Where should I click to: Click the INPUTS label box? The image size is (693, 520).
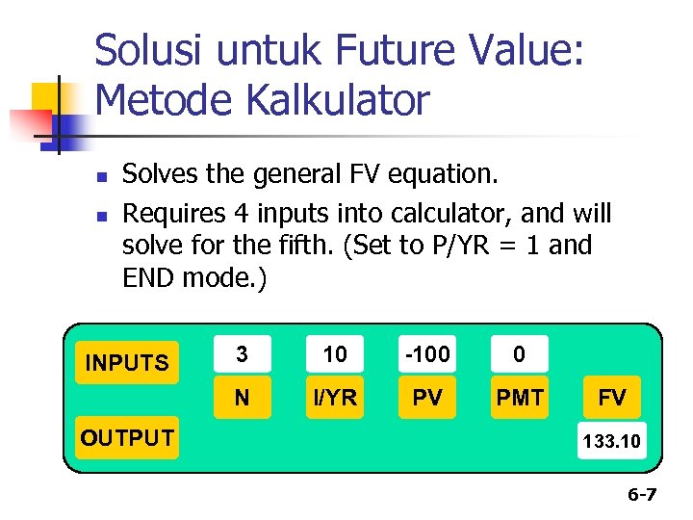tap(127, 363)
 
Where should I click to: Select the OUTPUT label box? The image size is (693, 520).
tap(127, 438)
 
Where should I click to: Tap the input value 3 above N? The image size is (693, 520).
tap(243, 354)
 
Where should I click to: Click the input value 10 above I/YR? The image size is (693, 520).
tap(335, 354)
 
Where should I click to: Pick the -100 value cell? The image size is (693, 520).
tap(427, 354)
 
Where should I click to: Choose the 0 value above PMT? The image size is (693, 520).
tap(520, 354)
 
